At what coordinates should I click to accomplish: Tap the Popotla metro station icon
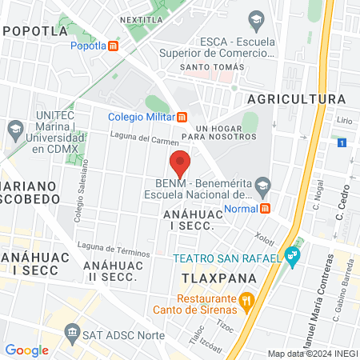coord(114,46)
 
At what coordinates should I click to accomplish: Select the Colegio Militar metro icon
coord(182,116)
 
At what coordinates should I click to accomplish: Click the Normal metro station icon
coord(264,208)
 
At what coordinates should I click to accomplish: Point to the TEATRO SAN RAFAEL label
coord(226,258)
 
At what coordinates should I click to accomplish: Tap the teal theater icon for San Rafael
coord(293,257)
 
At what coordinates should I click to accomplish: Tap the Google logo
coord(26,350)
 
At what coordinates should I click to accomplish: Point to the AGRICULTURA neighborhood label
coord(297,98)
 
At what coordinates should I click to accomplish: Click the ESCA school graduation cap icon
coord(257,19)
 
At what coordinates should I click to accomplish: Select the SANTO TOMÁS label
coord(210,67)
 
